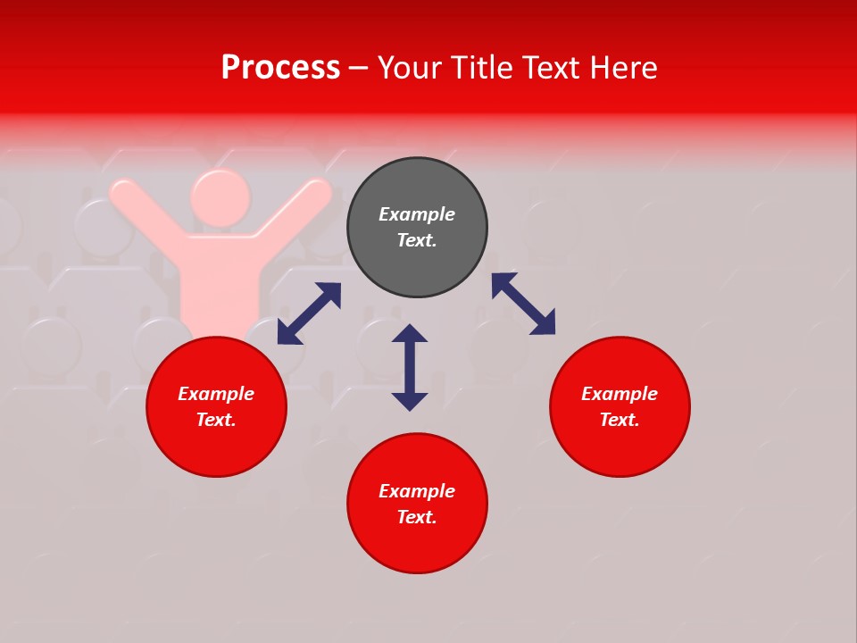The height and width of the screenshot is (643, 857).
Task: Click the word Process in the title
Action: (x=280, y=68)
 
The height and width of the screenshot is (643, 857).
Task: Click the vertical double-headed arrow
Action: (x=410, y=367)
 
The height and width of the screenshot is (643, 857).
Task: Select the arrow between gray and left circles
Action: (x=309, y=313)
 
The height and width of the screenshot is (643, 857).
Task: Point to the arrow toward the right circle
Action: (x=523, y=305)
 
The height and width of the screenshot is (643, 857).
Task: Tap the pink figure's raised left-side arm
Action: (x=143, y=212)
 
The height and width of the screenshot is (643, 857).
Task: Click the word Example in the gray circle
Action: (x=417, y=214)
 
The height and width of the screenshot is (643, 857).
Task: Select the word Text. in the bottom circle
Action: (x=417, y=517)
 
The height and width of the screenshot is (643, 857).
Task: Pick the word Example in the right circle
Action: (x=620, y=394)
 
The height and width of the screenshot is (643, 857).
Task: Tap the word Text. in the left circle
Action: (x=216, y=420)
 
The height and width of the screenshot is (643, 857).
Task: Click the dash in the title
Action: (x=359, y=68)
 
